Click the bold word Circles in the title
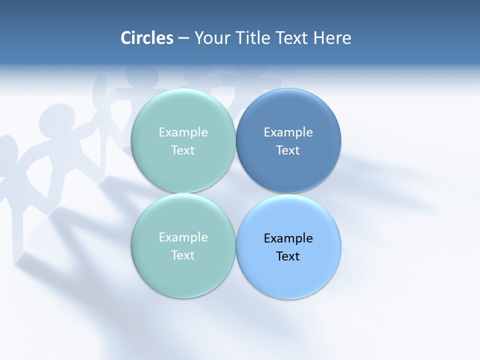coord(147,38)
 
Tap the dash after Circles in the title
coord(183,38)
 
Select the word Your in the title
coord(210,38)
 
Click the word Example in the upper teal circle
coord(183,132)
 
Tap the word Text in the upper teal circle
coord(183,150)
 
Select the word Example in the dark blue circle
coord(288,132)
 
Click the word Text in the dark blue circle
coord(288,150)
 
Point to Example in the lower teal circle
coord(183,237)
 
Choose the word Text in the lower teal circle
coord(183,255)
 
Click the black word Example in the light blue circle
coord(288,238)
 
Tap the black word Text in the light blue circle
coord(288,256)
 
